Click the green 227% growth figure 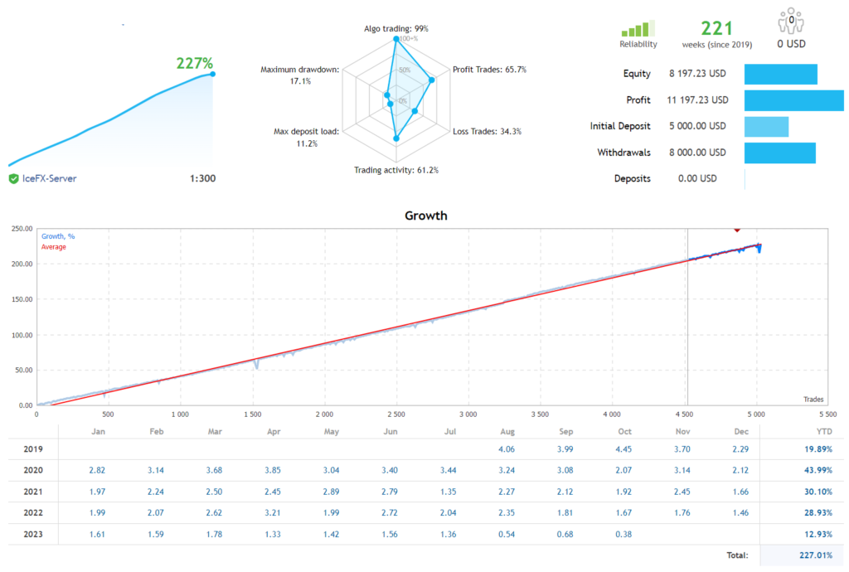tap(195, 63)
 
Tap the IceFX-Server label tap(49, 178)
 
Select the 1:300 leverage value tap(202, 178)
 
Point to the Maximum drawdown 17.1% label tap(299, 75)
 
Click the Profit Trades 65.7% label tap(489, 70)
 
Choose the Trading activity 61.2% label tap(395, 170)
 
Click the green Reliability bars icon tap(638, 28)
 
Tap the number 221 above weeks tap(717, 29)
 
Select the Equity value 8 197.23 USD tap(697, 74)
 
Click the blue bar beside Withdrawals tap(780, 153)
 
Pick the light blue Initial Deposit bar tap(766, 126)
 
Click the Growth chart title tap(425, 216)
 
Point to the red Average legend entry tap(54, 247)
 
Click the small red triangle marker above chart tap(736, 229)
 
